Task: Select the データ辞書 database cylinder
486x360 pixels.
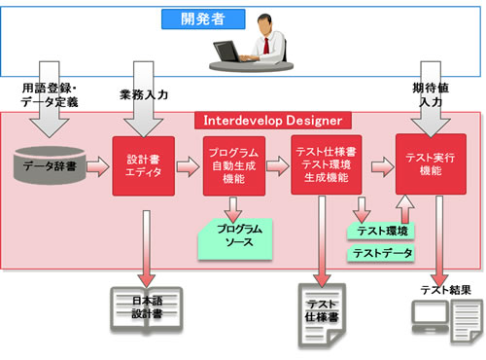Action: (x=51, y=165)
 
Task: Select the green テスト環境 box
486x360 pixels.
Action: (x=382, y=230)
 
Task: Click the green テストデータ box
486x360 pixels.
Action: (x=382, y=254)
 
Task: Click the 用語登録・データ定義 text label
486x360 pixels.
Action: (x=47, y=94)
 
